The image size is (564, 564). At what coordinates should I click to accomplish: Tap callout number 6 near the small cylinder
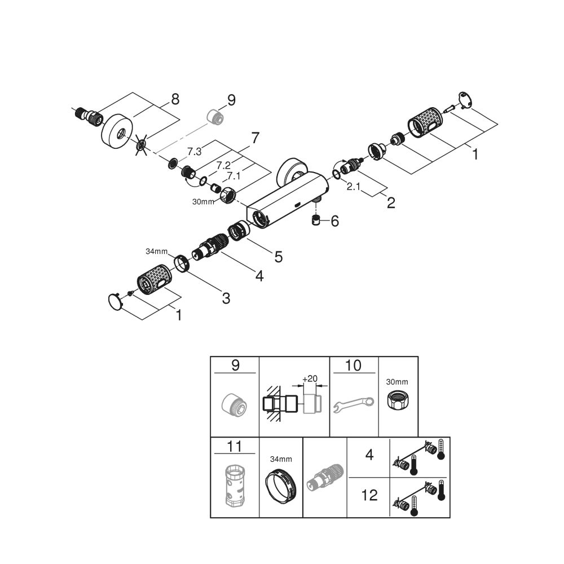tap(335, 221)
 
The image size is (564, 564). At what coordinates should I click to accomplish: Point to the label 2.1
tap(354, 187)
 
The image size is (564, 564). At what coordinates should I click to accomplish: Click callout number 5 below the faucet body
tap(278, 257)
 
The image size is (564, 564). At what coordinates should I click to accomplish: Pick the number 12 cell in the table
tap(369, 495)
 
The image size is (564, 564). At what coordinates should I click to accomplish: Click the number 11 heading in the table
tap(235, 447)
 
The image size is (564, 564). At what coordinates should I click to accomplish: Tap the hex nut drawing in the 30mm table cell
tap(398, 402)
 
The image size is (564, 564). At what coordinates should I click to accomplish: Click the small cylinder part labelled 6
tap(316, 221)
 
